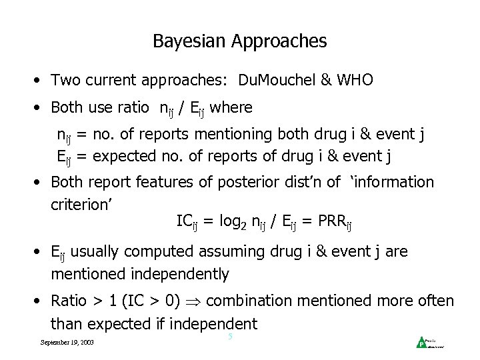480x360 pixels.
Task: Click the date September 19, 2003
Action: [x=67, y=343]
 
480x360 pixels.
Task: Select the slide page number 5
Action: [x=230, y=337]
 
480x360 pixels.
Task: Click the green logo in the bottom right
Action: [x=421, y=343]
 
